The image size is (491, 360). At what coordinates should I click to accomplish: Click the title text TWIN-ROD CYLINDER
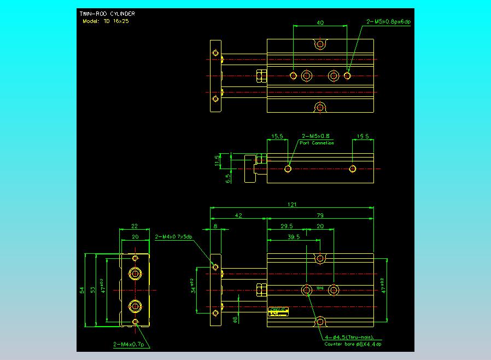coord(107,13)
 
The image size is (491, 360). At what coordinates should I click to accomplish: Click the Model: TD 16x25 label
coord(105,21)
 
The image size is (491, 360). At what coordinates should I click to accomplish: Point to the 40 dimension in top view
coord(320,22)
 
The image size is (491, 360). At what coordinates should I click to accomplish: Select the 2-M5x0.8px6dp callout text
coord(388,22)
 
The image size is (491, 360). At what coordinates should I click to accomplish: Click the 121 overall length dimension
coord(293,205)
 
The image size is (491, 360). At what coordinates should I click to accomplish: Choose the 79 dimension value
coord(320,216)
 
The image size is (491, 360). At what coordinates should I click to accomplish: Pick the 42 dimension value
coord(238,216)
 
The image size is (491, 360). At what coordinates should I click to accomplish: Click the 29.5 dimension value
coord(286,226)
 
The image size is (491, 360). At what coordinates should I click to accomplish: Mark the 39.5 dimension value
coord(293,237)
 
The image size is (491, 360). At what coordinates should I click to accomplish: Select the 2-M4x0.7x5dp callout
coord(174,237)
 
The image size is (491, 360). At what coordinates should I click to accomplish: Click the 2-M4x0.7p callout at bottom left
coord(131,345)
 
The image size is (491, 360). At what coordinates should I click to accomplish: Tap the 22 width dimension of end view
coord(135,226)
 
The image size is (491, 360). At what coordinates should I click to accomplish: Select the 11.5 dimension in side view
coord(217,160)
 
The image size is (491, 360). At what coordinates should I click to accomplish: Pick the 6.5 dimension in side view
coord(228,177)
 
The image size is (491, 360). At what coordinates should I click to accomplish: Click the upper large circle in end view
coord(135,273)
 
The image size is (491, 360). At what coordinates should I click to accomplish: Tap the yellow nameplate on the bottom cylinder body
coord(278,310)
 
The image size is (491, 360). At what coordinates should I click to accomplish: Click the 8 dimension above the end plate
coord(215,226)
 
